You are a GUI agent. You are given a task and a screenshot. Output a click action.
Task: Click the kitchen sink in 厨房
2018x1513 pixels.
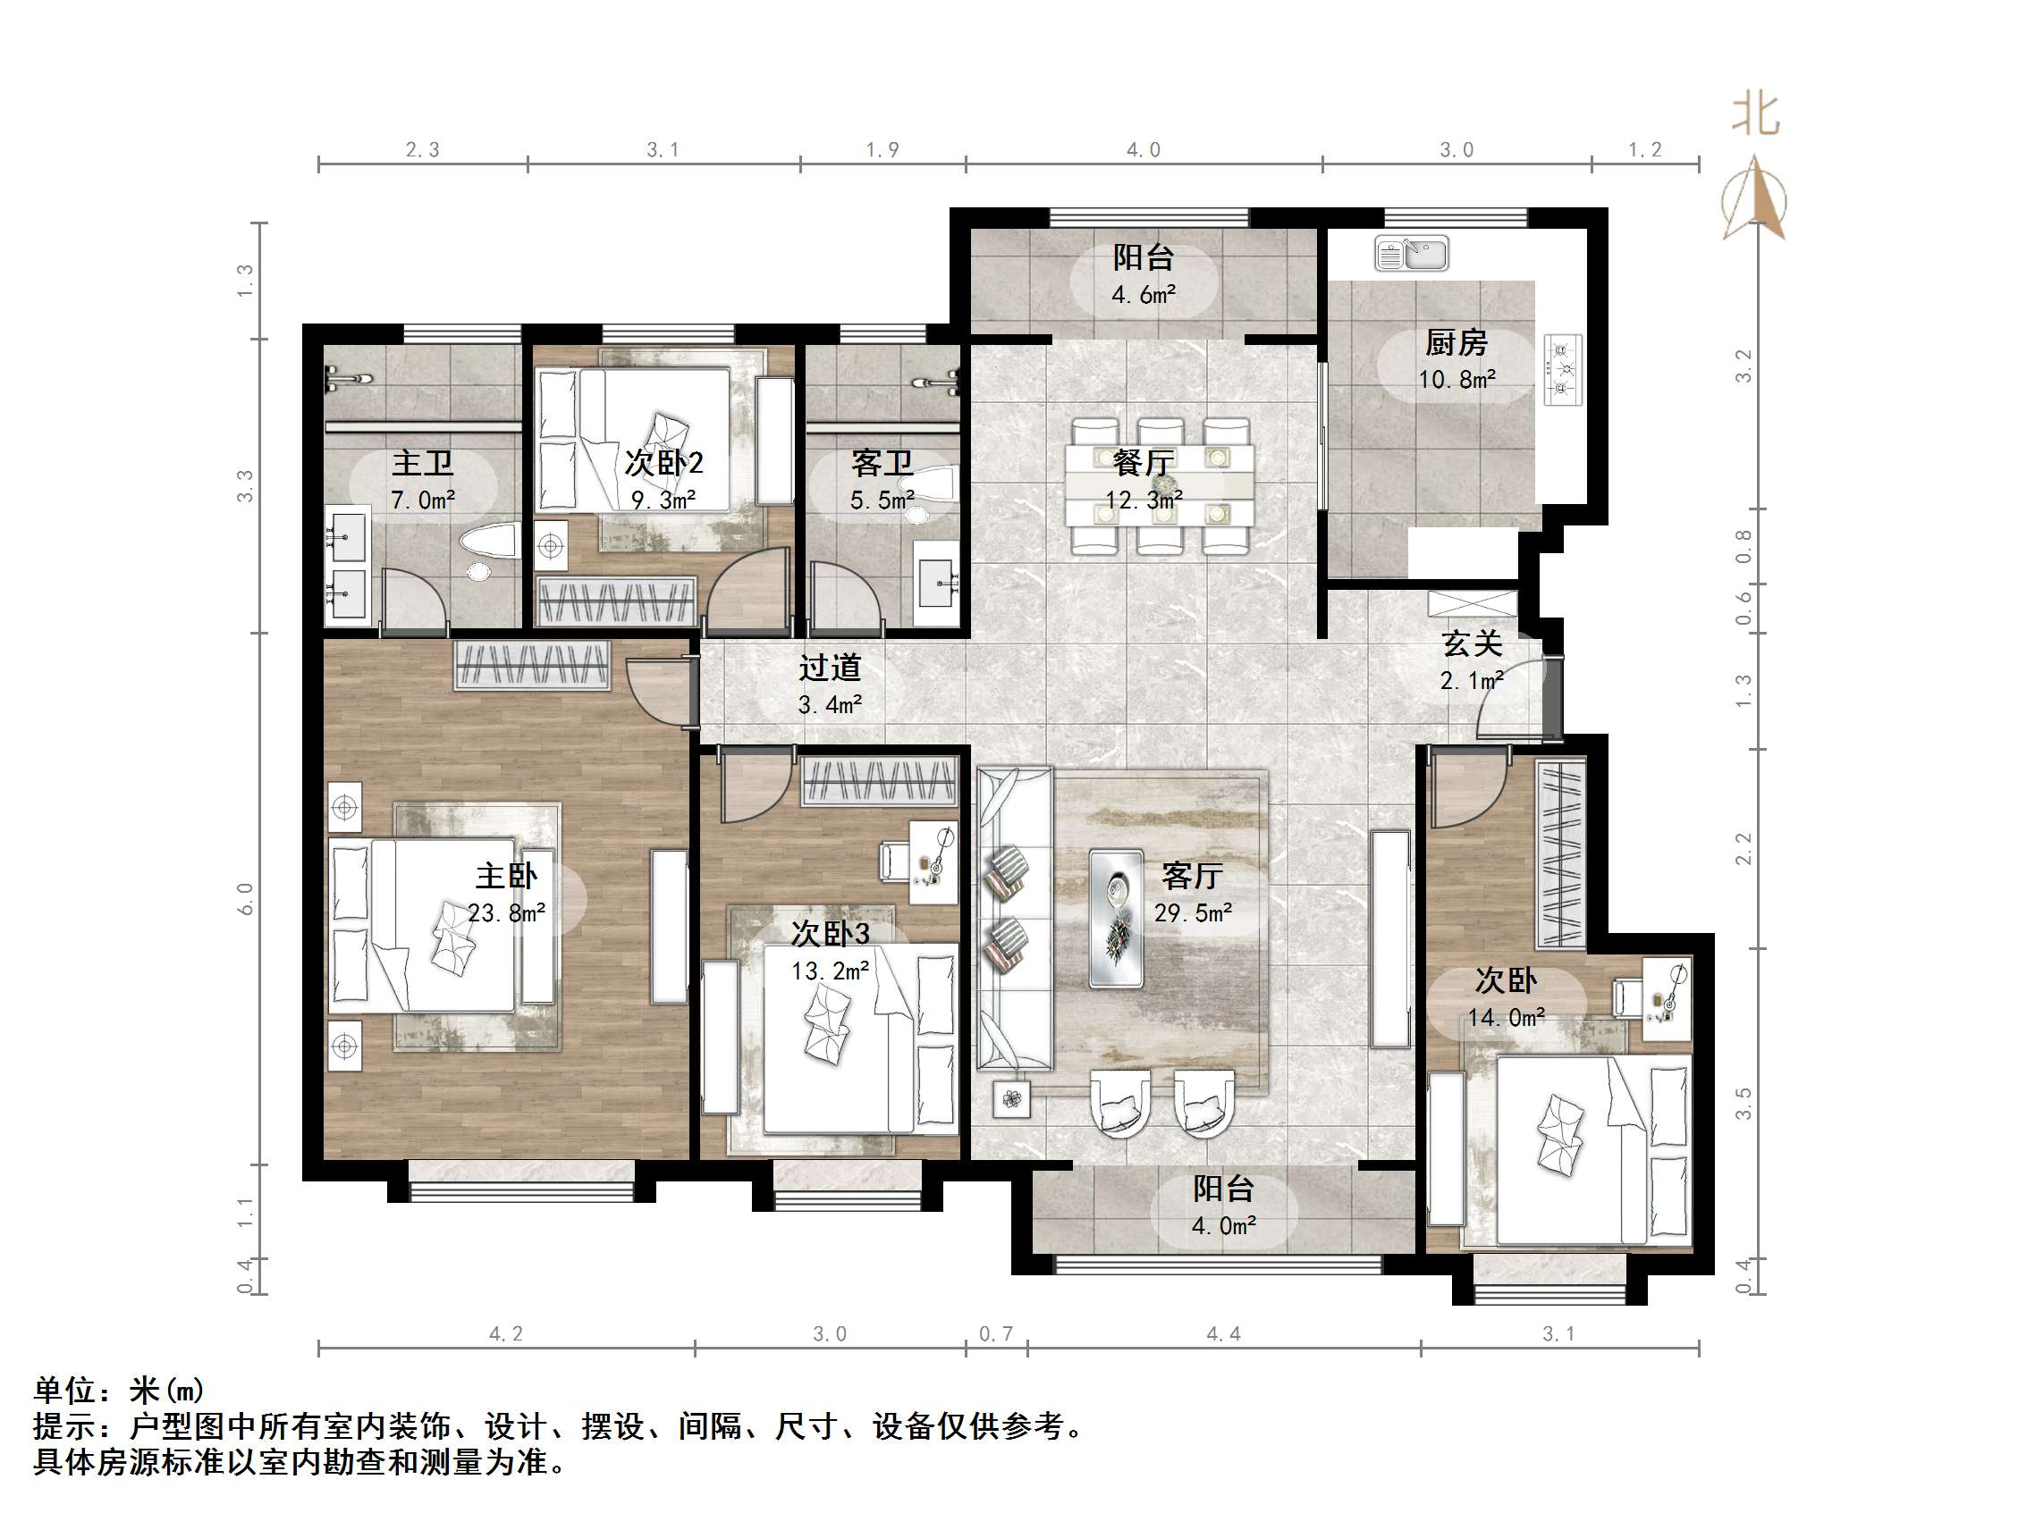pos(1410,255)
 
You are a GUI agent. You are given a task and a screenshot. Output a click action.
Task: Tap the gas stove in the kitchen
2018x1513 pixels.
pos(1563,369)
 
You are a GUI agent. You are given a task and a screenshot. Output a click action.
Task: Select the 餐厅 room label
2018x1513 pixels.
pos(1143,463)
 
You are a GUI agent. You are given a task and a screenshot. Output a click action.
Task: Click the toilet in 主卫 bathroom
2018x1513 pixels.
pos(489,543)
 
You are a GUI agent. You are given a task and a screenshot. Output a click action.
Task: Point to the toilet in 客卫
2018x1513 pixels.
pos(937,486)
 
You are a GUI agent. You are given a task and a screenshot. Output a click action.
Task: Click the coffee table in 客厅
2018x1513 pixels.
pos(1117,919)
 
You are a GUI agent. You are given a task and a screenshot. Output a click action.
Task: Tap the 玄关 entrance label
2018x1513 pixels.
pos(1472,643)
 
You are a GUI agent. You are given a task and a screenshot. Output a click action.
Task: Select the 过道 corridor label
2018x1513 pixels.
pos(829,668)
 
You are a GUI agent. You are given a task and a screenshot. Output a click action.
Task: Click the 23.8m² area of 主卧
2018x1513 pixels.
pos(507,913)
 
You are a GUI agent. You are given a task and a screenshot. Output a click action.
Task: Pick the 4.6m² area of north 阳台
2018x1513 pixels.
pos(1143,295)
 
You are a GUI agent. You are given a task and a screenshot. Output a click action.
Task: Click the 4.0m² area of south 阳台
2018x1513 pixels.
pos(1222,1226)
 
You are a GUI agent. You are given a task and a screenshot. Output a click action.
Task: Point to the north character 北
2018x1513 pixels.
pos(1755,116)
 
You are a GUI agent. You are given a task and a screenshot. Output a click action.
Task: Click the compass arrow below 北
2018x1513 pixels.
pos(1754,201)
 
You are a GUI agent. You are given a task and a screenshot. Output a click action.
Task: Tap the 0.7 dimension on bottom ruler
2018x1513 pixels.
pos(996,1334)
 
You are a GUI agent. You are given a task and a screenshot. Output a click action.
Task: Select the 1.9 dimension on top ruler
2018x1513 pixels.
pos(882,149)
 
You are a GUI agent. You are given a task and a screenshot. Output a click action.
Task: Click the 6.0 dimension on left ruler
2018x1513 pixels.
pos(244,899)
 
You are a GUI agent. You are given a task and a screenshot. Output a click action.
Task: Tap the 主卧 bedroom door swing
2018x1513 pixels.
pos(656,692)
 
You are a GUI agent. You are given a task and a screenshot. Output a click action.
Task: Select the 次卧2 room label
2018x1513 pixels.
pos(663,463)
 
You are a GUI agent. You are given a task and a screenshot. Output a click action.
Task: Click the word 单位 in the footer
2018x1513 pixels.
pos(64,1390)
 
